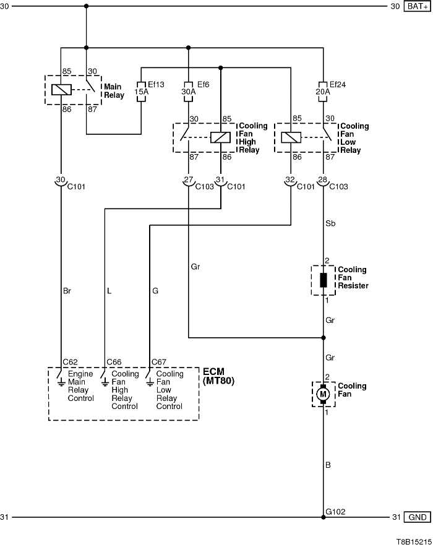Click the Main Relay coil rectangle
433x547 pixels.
click(x=61, y=89)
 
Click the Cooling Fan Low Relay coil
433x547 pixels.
click(x=291, y=137)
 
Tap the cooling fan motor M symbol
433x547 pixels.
click(x=323, y=394)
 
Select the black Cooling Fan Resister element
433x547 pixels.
click(x=323, y=280)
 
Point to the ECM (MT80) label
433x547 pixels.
click(x=219, y=376)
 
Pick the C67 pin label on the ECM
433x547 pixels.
click(x=159, y=361)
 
